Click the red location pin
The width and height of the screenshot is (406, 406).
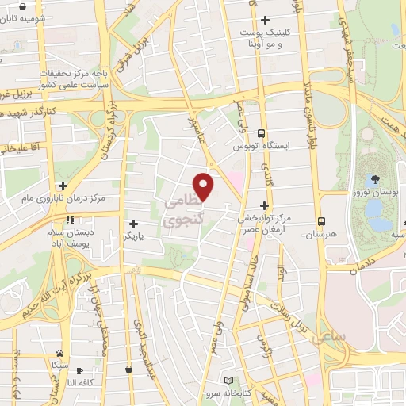coord(205,186)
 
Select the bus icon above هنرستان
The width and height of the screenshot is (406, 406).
coord(321,221)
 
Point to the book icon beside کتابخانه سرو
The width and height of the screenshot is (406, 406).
coord(229,381)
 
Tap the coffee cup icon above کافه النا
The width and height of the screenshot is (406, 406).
coord(79,369)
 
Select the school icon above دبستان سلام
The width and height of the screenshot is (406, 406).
coord(70,220)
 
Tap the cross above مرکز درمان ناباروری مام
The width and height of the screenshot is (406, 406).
coord(63,185)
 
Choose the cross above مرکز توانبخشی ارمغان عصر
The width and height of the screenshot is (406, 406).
coord(264,205)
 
